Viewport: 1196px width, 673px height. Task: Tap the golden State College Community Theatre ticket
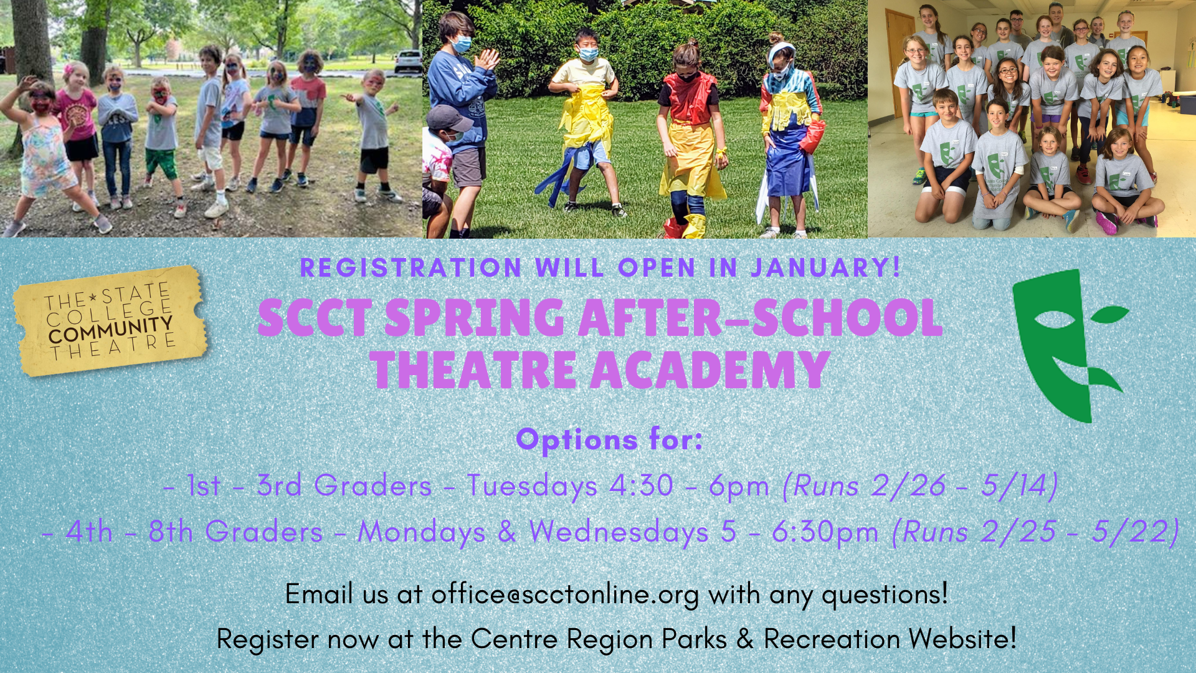click(110, 321)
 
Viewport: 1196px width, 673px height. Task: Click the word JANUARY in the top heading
click(825, 268)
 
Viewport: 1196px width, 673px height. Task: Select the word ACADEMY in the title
click(710, 370)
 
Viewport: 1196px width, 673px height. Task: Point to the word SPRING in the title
click(474, 318)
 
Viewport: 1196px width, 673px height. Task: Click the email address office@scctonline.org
click(565, 594)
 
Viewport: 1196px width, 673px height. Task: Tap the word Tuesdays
click(533, 486)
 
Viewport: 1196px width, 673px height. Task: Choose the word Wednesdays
click(619, 532)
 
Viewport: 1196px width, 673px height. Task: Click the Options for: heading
click(609, 440)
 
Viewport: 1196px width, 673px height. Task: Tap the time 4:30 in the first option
click(641, 485)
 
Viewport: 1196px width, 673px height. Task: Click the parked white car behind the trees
click(407, 61)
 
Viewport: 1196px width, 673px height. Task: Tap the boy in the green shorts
click(161, 140)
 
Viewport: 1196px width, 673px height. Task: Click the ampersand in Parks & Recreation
click(745, 639)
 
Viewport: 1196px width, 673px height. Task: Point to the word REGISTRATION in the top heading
click(411, 268)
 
